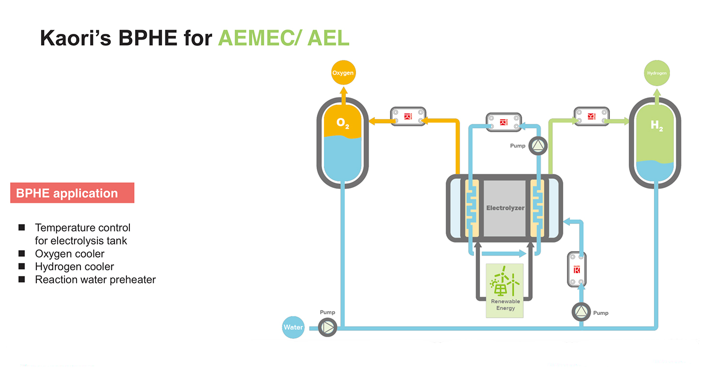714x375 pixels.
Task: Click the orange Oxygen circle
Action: tap(342, 73)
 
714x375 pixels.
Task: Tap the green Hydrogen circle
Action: tap(656, 73)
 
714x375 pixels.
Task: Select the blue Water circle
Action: tap(293, 327)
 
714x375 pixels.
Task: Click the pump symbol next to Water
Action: tap(328, 328)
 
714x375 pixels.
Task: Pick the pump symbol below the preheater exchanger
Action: tap(581, 312)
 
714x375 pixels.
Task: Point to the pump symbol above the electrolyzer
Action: tap(537, 145)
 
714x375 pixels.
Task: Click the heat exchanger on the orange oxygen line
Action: tap(408, 116)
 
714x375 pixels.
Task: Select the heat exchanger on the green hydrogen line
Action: tap(591, 116)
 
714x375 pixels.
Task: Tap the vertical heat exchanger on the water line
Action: tap(577, 269)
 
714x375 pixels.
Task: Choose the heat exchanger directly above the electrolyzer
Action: tap(503, 122)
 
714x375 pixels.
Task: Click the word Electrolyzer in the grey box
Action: tap(505, 208)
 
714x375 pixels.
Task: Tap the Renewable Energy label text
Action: tap(505, 305)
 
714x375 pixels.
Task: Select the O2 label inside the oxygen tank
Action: tap(342, 124)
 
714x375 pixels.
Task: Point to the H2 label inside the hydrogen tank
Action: tap(656, 126)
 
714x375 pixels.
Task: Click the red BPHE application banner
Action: tap(72, 193)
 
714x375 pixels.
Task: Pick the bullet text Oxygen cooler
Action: tap(70, 253)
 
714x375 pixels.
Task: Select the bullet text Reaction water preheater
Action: tap(95, 280)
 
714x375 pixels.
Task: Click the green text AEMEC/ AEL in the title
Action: tap(284, 38)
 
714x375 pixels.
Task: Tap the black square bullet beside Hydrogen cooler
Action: tap(21, 266)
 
